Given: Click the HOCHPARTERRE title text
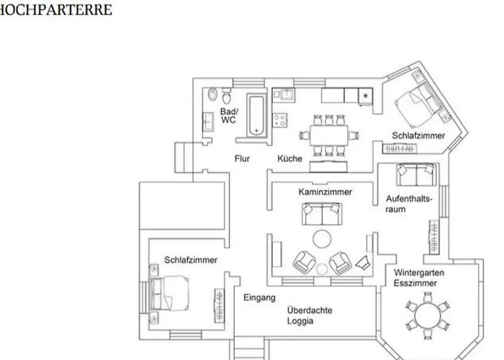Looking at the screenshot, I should tap(56, 10).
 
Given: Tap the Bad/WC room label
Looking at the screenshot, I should tap(228, 116).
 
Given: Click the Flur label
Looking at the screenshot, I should tap(242, 158).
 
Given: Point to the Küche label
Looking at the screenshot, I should tap(289, 158).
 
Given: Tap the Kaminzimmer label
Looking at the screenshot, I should tap(325, 192).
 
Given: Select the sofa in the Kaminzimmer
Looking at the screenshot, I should tap(322, 212).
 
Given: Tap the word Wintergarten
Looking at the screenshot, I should tap(418, 273).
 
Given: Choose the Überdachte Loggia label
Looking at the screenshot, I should tap(310, 315).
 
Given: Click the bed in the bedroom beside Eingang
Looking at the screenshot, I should tap(171, 292).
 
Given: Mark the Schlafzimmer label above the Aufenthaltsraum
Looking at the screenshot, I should tap(418, 135).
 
